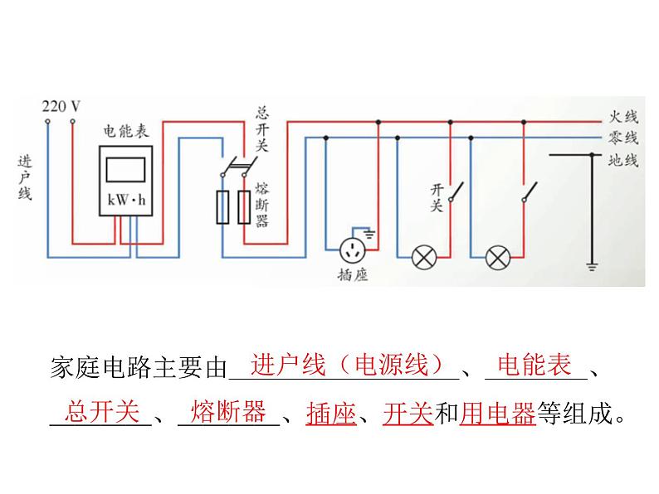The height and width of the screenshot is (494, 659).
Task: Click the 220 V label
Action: (x=61, y=106)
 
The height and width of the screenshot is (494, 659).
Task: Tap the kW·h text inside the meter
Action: (x=126, y=200)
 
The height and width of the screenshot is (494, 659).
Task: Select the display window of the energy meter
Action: (x=126, y=168)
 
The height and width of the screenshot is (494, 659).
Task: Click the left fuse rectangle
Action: (x=222, y=207)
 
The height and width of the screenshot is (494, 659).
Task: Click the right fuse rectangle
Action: (x=244, y=207)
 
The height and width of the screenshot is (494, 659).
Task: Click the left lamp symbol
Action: (x=425, y=257)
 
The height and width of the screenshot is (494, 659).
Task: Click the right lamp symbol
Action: (x=497, y=257)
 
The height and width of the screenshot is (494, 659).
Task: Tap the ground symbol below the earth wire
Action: (x=592, y=267)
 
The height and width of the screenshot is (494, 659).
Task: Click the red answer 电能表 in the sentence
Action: (x=534, y=365)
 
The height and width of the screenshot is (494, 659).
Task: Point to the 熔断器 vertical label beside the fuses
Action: (x=262, y=204)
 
